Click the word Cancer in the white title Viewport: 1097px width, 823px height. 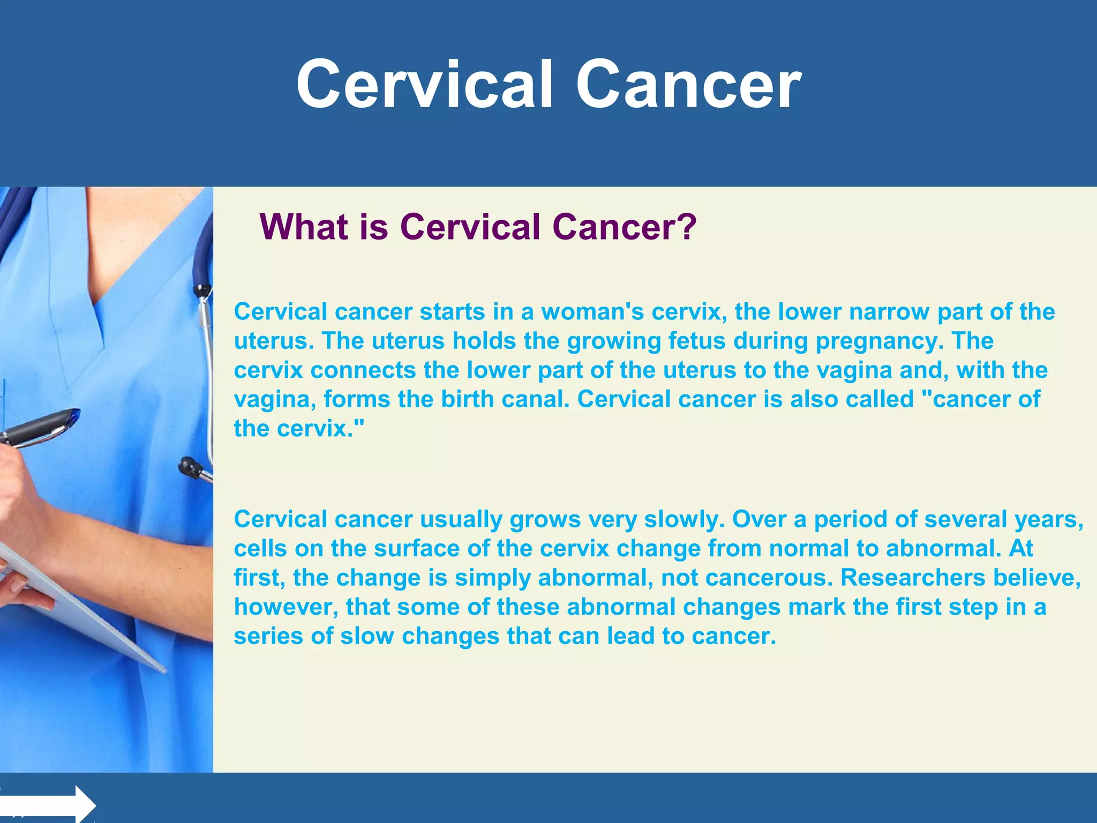tap(688, 85)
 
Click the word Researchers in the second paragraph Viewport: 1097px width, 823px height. tap(913, 578)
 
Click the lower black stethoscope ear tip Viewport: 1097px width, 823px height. tap(189, 465)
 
